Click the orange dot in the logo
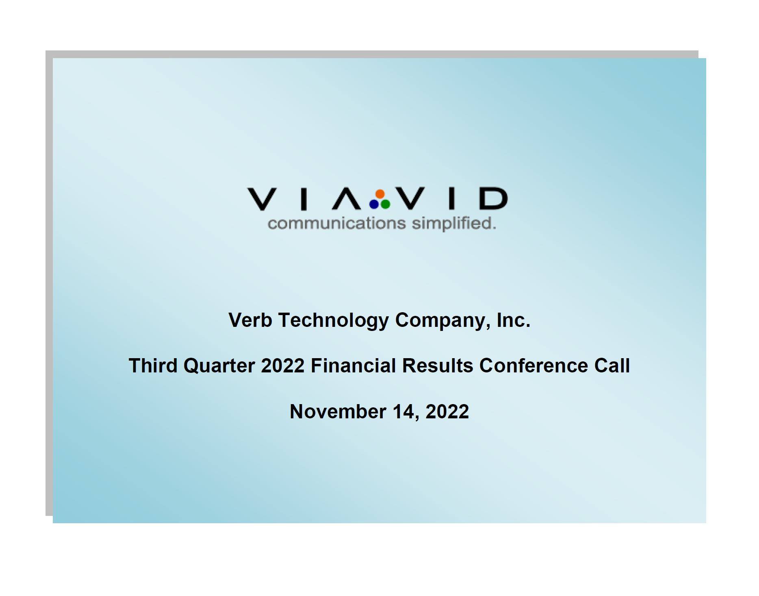point(380,194)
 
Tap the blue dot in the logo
point(374,204)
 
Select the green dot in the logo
point(386,204)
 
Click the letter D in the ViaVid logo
point(494,198)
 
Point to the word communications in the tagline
point(337,223)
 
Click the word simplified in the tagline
point(454,224)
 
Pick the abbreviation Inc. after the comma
point(514,320)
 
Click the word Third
point(153,365)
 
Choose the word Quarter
point(219,365)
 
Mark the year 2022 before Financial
point(283,365)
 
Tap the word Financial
point(353,365)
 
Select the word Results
point(438,365)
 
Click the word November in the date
point(338,411)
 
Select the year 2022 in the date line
point(447,411)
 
